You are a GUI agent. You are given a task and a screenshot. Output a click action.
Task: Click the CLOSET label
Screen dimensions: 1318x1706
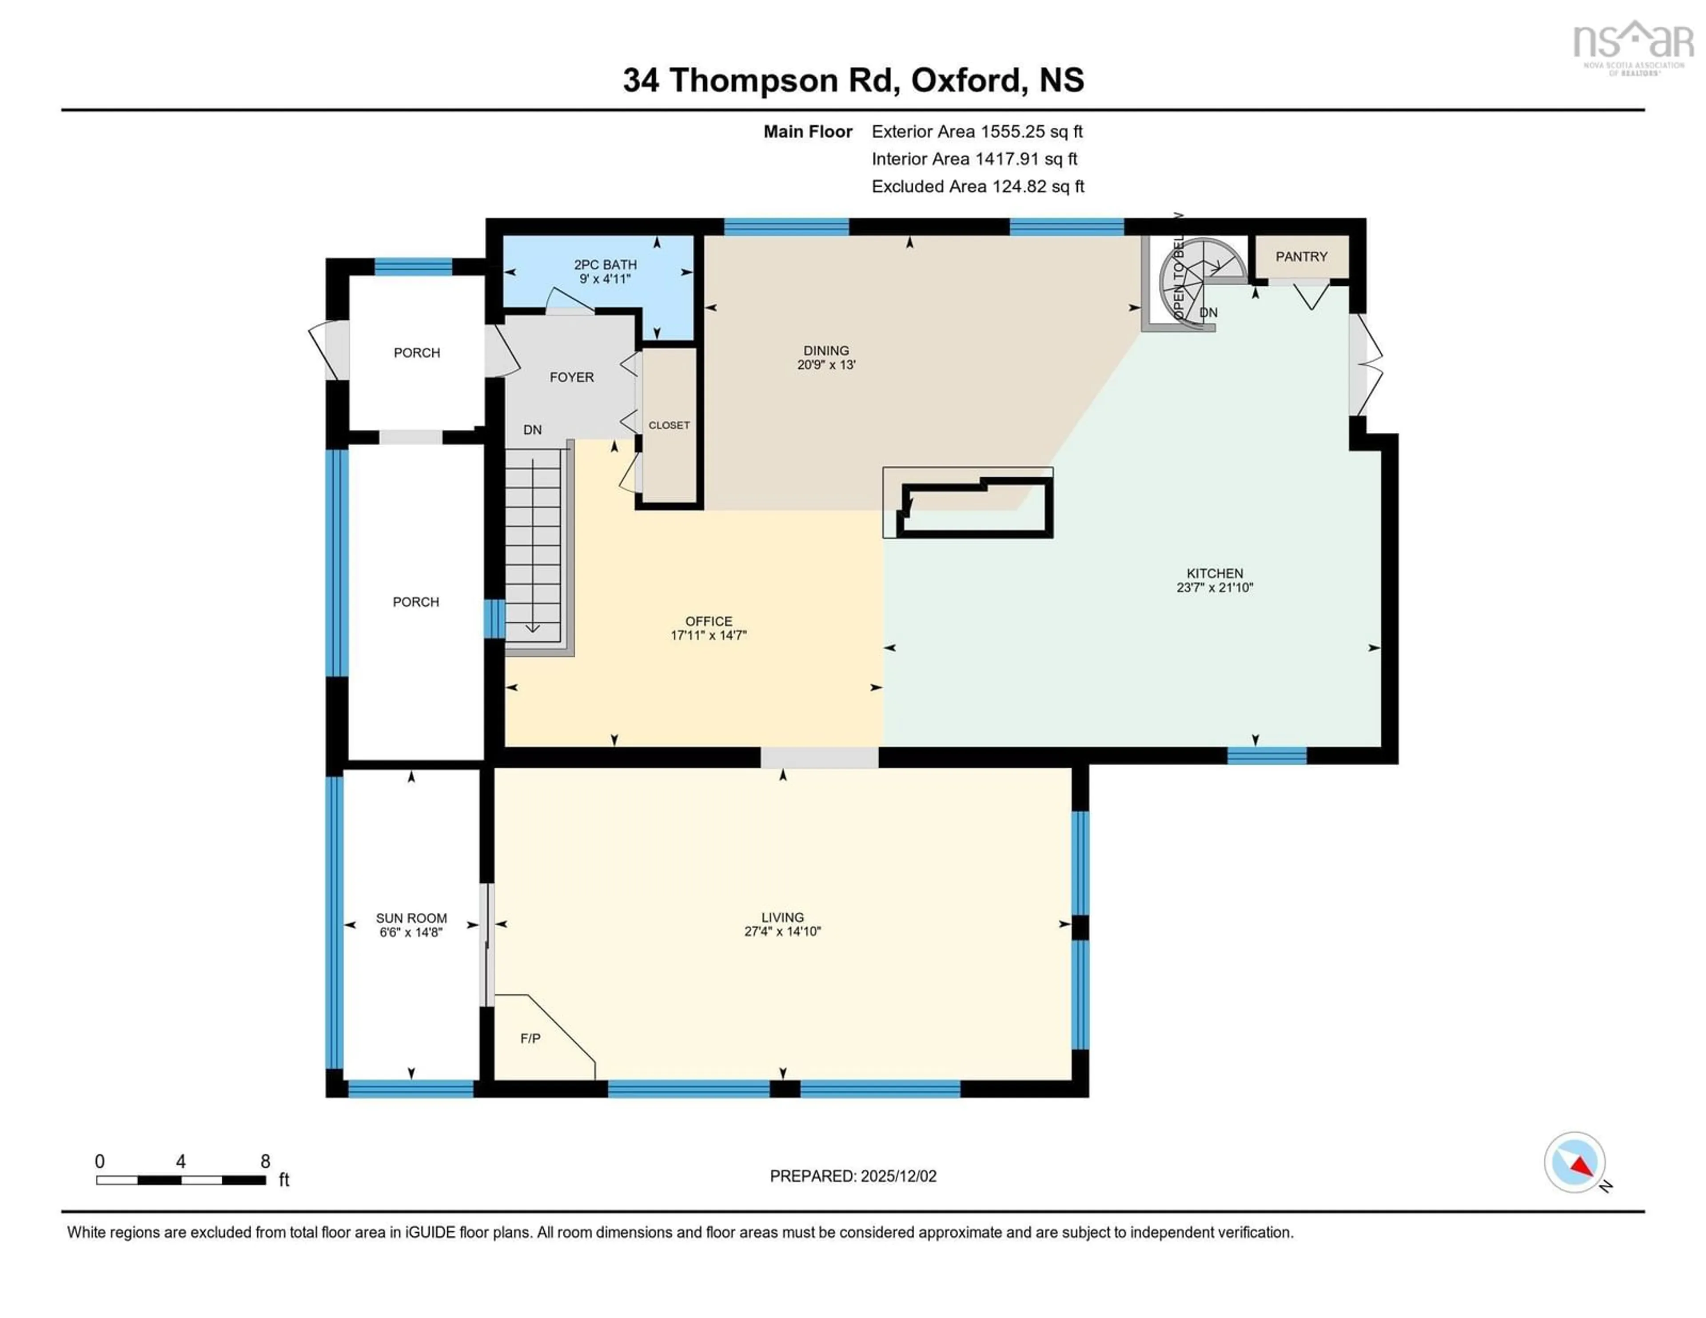(x=669, y=425)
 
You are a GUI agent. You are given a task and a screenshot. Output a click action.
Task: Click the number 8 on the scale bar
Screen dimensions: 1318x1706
(x=266, y=1161)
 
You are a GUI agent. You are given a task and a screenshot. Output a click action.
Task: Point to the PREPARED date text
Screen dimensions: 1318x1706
(x=853, y=1176)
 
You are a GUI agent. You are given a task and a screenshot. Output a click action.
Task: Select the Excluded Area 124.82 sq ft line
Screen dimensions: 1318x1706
(x=977, y=186)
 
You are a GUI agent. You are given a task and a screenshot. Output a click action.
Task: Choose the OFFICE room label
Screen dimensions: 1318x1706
(x=709, y=621)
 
